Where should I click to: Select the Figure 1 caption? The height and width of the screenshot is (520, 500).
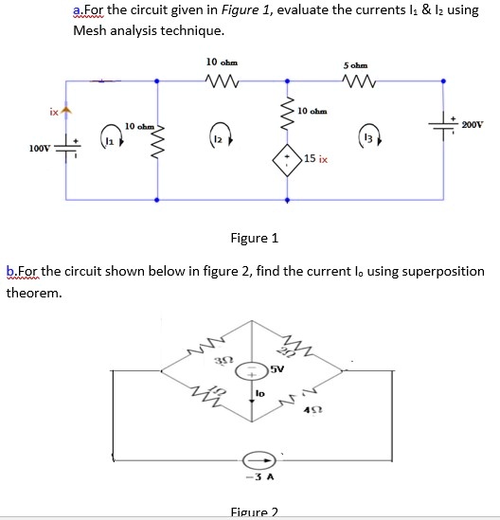coord(255,237)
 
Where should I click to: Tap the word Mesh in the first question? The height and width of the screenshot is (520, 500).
coord(92,29)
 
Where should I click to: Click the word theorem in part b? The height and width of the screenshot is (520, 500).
coord(34,293)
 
